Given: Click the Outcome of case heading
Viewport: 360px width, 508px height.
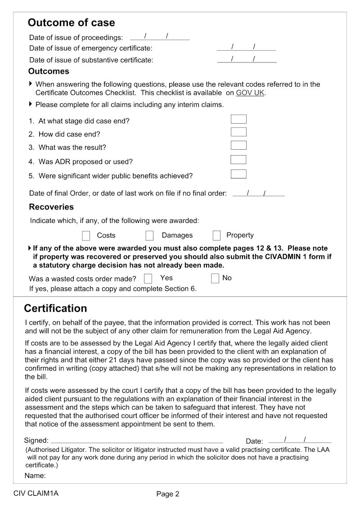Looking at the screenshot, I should (71, 23).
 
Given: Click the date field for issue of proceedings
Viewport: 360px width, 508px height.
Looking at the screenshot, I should (160, 36).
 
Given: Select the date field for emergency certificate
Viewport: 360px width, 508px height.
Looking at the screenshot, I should (246, 47).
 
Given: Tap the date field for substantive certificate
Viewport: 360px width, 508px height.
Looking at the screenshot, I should (247, 59).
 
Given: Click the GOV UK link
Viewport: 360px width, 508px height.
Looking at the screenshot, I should (250, 93).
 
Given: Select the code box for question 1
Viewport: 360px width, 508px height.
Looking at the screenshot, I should (238, 119).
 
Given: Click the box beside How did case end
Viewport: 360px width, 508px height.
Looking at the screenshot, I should (238, 132).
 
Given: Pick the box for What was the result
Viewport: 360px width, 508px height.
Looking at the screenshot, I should (238, 145).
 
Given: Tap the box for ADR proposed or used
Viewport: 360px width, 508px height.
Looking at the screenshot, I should (238, 160).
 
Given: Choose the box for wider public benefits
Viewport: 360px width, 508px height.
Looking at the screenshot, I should (238, 174).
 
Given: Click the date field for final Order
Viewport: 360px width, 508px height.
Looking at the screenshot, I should (258, 193).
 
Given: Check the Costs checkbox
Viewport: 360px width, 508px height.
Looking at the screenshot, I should (86, 236).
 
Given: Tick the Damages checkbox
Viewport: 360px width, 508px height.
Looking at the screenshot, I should (150, 236).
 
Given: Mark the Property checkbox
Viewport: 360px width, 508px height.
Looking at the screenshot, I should (216, 236).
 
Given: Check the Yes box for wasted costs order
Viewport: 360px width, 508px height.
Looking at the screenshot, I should (148, 279).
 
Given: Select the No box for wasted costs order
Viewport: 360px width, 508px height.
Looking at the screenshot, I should (215, 278).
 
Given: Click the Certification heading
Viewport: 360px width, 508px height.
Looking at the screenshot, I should (55, 308).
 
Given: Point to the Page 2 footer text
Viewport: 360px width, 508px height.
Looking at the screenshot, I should (168, 494).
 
